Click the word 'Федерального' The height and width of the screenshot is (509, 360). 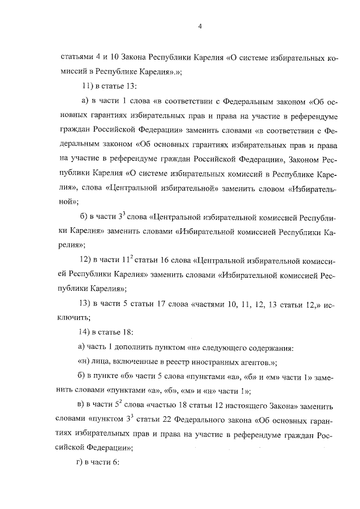pyautogui.click(x=208, y=420)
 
